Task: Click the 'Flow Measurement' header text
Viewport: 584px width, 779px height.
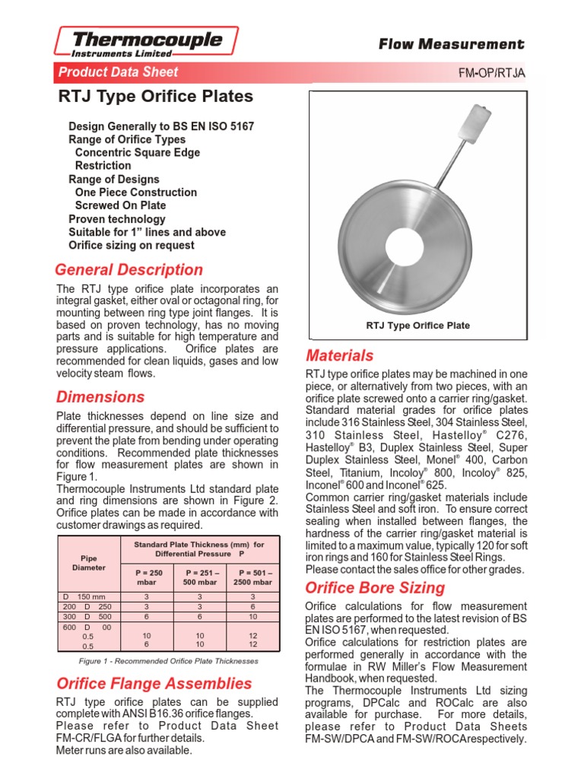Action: (452, 45)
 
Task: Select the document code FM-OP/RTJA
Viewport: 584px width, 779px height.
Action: (492, 73)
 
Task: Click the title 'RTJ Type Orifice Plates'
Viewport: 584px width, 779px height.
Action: (156, 97)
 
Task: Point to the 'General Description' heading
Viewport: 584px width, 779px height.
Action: (129, 270)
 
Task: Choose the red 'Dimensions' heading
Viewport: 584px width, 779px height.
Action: (100, 397)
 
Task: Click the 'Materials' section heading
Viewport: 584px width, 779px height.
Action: (339, 355)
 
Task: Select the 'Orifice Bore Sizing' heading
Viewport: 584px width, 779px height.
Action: (375, 587)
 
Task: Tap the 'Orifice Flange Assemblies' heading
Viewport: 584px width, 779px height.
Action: (154, 683)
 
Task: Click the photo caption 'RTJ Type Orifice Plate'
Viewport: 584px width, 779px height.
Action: (417, 326)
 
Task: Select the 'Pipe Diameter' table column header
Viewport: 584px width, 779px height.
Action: (89, 563)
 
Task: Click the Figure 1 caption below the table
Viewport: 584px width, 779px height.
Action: (168, 661)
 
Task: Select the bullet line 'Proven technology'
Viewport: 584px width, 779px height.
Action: (116, 219)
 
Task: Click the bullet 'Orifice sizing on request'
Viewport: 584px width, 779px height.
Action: (131, 246)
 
